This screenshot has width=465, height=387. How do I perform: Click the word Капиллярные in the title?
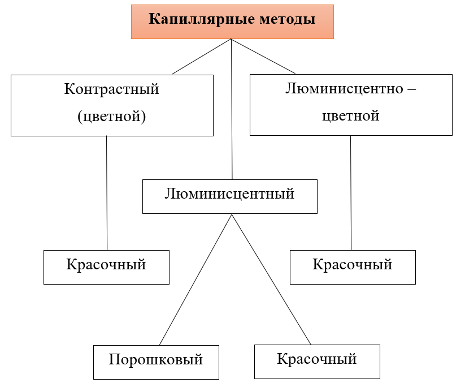[x=202, y=19]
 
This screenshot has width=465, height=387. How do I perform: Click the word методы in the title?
[x=288, y=19]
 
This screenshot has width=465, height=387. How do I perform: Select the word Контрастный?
[x=111, y=89]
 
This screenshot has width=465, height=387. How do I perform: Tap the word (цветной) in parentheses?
[x=111, y=116]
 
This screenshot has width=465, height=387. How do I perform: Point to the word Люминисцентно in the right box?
[x=344, y=88]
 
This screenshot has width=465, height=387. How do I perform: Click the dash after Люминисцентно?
[x=412, y=89]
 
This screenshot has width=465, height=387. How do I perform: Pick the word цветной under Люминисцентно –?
[x=351, y=116]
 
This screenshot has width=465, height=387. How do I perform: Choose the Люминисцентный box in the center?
[x=230, y=196]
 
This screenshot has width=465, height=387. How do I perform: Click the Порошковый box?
[x=156, y=362]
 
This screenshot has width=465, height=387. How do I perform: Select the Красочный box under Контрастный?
[x=106, y=267]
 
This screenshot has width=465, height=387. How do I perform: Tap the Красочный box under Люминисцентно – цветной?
[x=353, y=267]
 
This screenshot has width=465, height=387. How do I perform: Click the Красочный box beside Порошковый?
[x=317, y=362]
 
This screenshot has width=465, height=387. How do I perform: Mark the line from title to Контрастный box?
[x=202, y=57]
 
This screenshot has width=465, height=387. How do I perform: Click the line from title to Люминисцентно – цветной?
[x=263, y=56]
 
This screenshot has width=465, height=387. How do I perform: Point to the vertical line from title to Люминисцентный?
[x=232, y=109]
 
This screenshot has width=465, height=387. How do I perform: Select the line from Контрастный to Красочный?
[x=107, y=193]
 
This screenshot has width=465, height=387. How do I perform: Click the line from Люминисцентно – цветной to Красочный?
[x=351, y=193]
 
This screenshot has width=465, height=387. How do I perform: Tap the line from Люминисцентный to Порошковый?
[x=195, y=279]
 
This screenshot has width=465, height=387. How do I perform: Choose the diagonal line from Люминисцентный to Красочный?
[x=271, y=279]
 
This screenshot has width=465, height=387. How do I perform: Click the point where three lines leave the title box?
[x=231, y=39]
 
